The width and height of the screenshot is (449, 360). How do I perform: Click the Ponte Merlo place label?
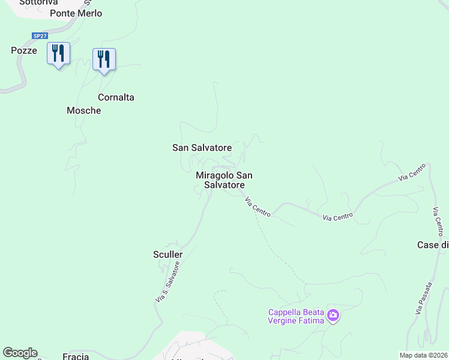pyautogui.click(x=76, y=13)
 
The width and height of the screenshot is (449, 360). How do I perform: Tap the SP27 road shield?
pyautogui.click(x=40, y=36)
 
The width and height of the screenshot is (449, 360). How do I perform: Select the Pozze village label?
pyautogui.click(x=24, y=50)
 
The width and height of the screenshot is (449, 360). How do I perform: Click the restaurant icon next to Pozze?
pyautogui.click(x=58, y=53)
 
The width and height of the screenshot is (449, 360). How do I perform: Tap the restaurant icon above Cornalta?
pyautogui.click(x=104, y=59)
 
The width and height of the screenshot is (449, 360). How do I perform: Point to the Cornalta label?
pyautogui.click(x=116, y=97)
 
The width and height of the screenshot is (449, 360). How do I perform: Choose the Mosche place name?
pyautogui.click(x=83, y=110)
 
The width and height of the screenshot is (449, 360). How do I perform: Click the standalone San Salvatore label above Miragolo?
pyautogui.click(x=202, y=147)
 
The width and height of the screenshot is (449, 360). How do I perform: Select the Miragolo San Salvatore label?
pyautogui.click(x=224, y=180)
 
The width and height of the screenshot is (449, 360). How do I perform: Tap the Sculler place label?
pyautogui.click(x=167, y=254)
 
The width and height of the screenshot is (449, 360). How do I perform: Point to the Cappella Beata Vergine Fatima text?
pyautogui.click(x=296, y=316)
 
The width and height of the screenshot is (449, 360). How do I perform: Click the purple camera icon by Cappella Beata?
pyautogui.click(x=333, y=314)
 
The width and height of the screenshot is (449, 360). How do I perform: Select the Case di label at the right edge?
pyautogui.click(x=433, y=245)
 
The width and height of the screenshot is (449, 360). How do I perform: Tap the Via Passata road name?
pyautogui.click(x=423, y=298)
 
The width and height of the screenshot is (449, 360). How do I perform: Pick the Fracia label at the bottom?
pyautogui.click(x=76, y=356)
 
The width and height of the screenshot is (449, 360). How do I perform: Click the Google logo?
pyautogui.click(x=20, y=353)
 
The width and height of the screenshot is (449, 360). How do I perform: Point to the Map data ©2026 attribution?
pyautogui.click(x=423, y=355)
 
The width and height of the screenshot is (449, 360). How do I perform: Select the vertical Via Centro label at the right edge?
pyautogui.click(x=439, y=223)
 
